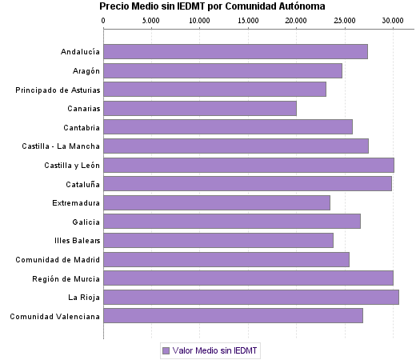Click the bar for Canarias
pos(200,108)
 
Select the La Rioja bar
pos(251,297)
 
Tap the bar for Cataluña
pos(247,183)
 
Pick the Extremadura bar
pos(217,202)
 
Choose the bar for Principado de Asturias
pos(215,89)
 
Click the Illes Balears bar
pos(218,240)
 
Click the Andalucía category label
pos(80,52)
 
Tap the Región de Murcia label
pos(66,278)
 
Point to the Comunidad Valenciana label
pos(55,316)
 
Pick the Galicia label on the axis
pos(86,222)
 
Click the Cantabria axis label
pos(82,127)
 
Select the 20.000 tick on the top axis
pos(296,19)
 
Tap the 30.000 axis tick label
pos(392,19)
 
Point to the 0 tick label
pos(104,19)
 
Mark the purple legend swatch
pos(166,350)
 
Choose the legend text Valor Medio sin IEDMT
pos(216,350)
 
